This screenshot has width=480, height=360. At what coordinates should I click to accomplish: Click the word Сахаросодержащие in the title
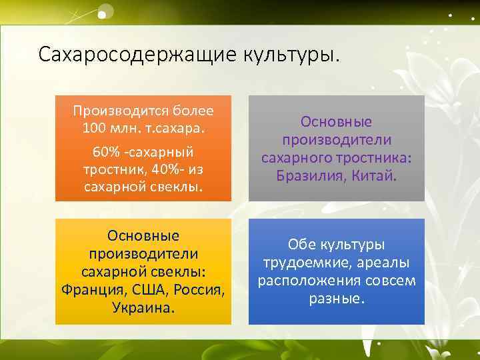pyautogui.click(x=133, y=54)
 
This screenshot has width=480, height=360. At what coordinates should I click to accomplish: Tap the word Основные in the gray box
pyautogui.click(x=337, y=122)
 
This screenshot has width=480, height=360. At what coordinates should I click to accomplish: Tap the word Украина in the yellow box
pyautogui.click(x=142, y=309)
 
